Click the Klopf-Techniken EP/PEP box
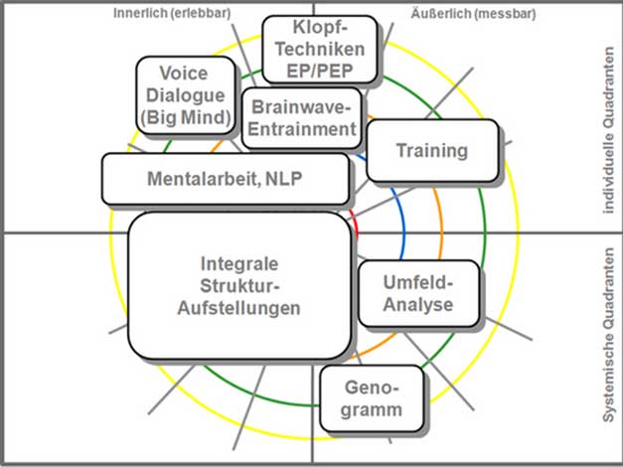(320, 49)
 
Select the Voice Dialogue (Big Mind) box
(185, 94)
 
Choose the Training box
(431, 151)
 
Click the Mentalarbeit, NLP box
(226, 179)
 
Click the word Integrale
(239, 264)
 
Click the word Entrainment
(302, 128)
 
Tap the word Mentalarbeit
(204, 180)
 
